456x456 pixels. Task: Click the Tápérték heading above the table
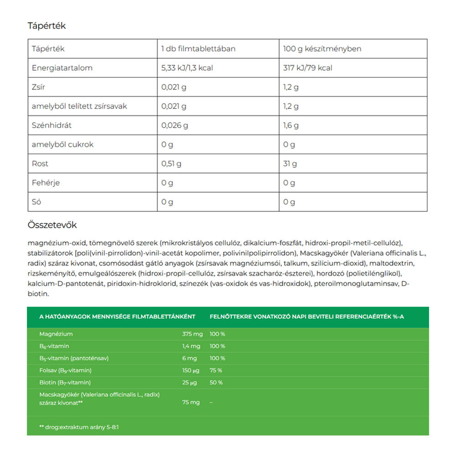click(x=47, y=26)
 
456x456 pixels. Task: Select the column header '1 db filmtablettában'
click(x=198, y=49)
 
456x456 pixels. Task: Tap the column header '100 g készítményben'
click(x=322, y=49)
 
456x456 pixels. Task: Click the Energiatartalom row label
click(x=62, y=68)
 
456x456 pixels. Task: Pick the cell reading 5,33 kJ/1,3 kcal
click(x=187, y=68)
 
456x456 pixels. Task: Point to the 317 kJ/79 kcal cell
click(x=308, y=68)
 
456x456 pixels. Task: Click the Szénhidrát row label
click(x=52, y=125)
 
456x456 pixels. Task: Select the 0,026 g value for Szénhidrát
click(x=175, y=125)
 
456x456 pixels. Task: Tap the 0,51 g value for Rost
click(x=171, y=164)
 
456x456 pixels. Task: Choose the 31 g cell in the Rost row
click(x=290, y=164)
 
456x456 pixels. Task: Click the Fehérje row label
click(x=46, y=183)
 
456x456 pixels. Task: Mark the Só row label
click(x=36, y=202)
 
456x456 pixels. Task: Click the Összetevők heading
click(x=52, y=225)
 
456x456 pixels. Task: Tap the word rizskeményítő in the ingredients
click(x=52, y=274)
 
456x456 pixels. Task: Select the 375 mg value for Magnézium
click(x=192, y=334)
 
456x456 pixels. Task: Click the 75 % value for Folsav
click(x=216, y=370)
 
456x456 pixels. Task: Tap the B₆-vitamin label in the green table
click(x=54, y=347)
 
